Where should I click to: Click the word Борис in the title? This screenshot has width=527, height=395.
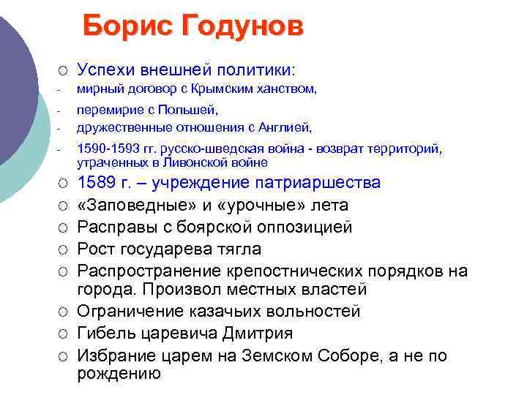coord(125,28)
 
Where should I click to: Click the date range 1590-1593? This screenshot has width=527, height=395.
coord(101,149)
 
